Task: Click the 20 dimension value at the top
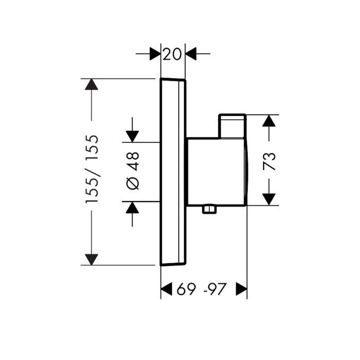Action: coord(172,55)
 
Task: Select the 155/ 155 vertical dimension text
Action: coord(92,169)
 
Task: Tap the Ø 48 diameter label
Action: coord(133,171)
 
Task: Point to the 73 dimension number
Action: coord(269,161)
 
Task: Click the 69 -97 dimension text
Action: coord(202,289)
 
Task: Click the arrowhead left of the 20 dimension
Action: coord(155,53)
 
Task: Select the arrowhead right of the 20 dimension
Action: coord(191,53)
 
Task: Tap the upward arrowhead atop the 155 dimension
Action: coord(92,84)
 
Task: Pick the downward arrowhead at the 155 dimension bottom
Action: coord(92,260)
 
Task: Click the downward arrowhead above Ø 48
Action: coord(132,137)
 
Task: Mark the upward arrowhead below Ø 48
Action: coord(132,207)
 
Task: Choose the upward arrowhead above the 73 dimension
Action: coord(269,120)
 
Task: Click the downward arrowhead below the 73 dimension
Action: coord(269,200)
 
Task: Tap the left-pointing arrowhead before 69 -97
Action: coord(166,289)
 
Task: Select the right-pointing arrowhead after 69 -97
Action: coord(242,289)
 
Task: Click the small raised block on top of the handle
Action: coord(232,126)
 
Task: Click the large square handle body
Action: coord(217,171)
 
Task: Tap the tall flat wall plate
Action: coord(173,172)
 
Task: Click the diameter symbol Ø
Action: coord(133,184)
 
